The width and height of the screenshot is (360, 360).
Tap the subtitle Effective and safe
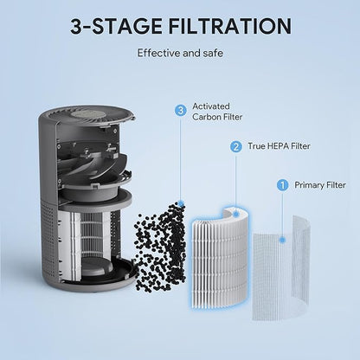tap(179, 53)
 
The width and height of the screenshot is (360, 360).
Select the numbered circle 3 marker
tap(180, 110)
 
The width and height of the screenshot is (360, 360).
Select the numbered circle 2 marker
tap(235, 146)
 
